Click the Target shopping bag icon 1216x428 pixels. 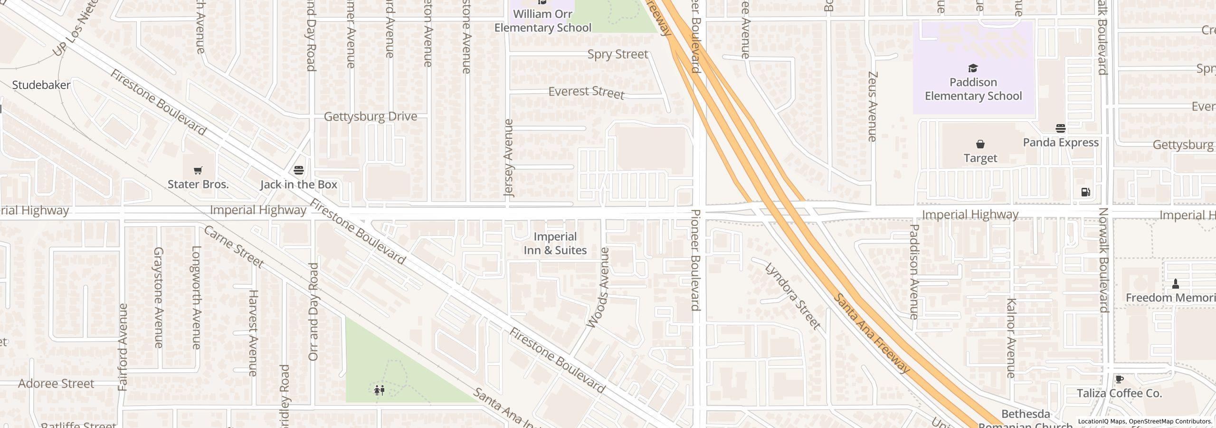click(x=980, y=144)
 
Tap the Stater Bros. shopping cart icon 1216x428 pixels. click(x=198, y=170)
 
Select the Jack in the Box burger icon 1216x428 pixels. click(x=299, y=170)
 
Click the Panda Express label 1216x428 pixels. click(x=1060, y=142)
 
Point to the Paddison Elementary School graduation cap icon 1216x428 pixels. click(x=973, y=68)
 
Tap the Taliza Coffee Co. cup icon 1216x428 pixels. click(x=1119, y=379)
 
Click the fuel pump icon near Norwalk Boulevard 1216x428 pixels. click(x=1085, y=192)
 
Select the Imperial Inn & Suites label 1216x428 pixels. click(x=555, y=243)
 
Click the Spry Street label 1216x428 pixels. click(x=617, y=54)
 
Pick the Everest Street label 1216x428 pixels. click(x=586, y=92)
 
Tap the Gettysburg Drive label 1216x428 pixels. click(x=370, y=117)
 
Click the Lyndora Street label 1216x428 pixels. click(x=793, y=295)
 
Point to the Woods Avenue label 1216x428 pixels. click(x=598, y=288)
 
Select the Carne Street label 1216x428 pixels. click(x=234, y=246)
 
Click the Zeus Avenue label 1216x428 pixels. click(x=872, y=107)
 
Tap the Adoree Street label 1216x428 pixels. click(x=56, y=383)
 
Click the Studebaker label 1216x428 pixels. click(x=41, y=85)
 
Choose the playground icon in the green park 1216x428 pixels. click(x=379, y=390)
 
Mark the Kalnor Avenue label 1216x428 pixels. click(x=1011, y=338)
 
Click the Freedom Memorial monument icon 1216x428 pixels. click(x=1176, y=284)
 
